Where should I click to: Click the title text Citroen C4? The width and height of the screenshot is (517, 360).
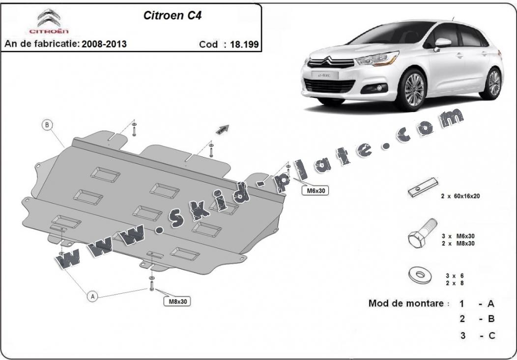coord(172,15)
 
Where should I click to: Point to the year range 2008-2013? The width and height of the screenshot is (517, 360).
coord(104,44)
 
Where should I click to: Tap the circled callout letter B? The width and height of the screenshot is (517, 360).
coord(47,125)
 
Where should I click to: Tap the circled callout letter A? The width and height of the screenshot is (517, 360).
coord(92,296)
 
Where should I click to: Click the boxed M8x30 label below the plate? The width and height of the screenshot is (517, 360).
coord(176,300)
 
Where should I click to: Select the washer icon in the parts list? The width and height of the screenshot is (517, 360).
coord(417,275)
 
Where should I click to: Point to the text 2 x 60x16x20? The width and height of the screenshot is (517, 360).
coord(460,196)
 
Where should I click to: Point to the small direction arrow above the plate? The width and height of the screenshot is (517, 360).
coord(222,129)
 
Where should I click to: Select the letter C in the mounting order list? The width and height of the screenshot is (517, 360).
coord(491,336)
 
